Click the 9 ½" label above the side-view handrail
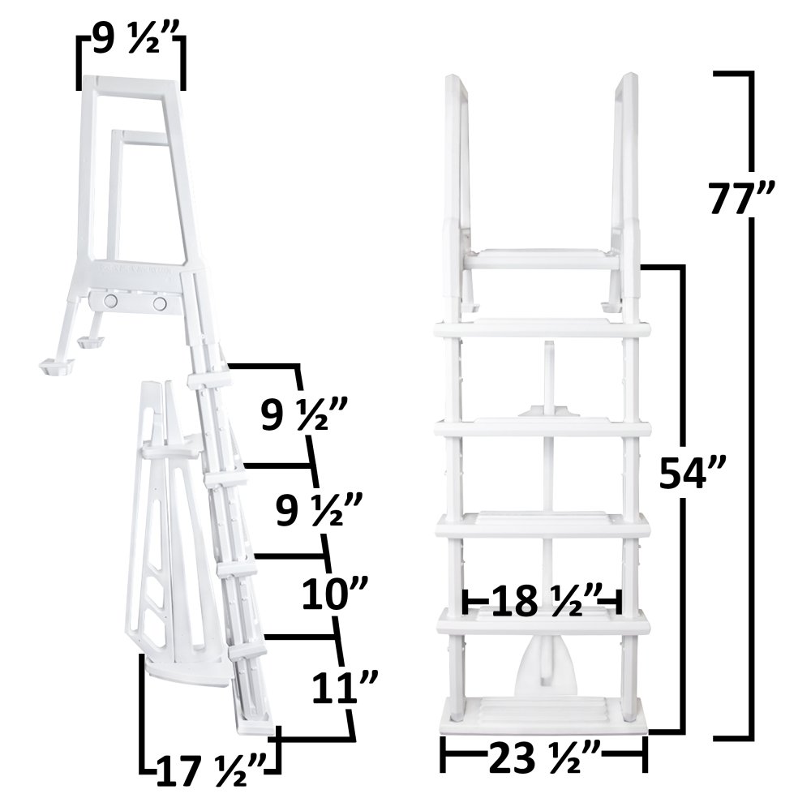tap(131, 40)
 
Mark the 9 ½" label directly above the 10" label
tap(315, 514)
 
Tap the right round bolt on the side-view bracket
tap(160, 303)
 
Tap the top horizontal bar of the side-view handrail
tap(130, 83)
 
